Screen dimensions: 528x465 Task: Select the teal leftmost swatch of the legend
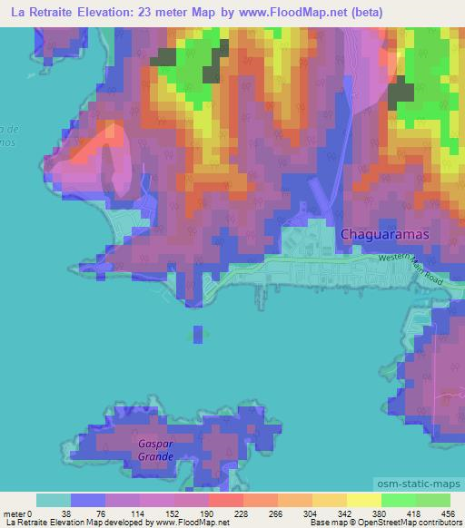(x=54, y=500)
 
